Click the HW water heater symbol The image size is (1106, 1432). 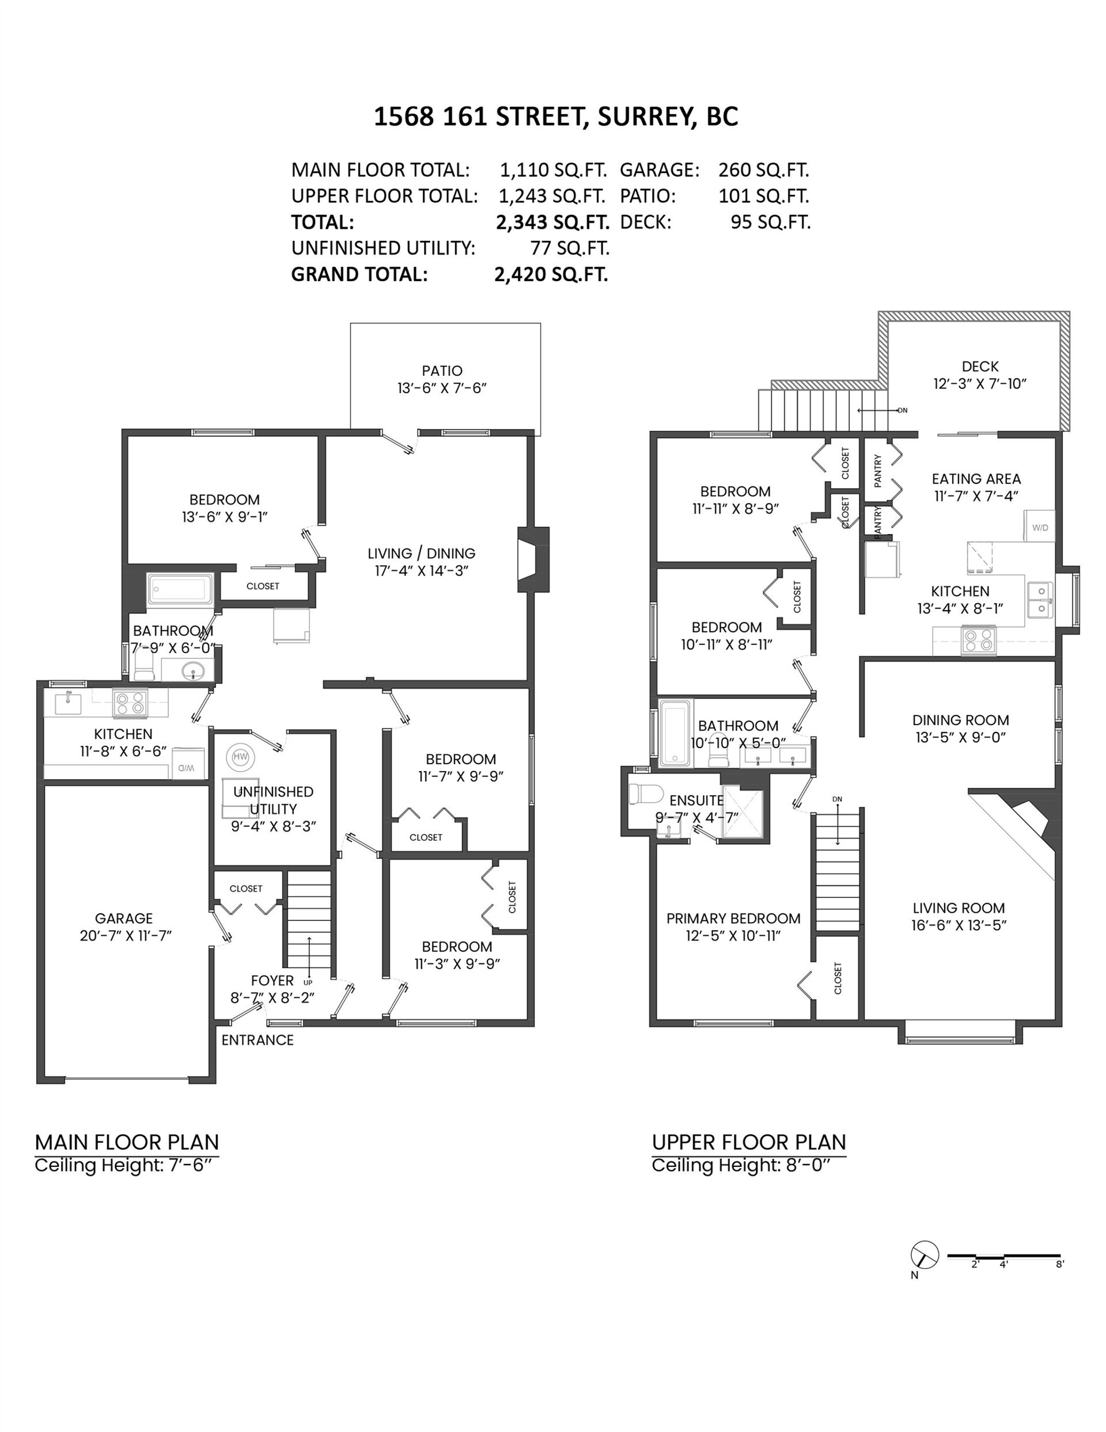click(x=241, y=757)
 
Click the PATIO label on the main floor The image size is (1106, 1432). click(x=442, y=371)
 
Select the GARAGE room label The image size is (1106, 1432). click(x=124, y=919)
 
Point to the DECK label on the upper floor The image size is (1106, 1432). click(x=980, y=366)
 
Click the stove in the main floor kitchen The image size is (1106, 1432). click(x=130, y=703)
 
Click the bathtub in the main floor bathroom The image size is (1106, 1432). click(x=180, y=589)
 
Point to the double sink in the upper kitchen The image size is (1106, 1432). click(x=1039, y=600)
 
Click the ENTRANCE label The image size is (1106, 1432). click(x=257, y=1040)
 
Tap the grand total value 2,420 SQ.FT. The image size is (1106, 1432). click(x=551, y=274)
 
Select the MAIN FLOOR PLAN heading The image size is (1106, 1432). click(x=127, y=1142)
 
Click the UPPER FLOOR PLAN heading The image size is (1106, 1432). click(x=749, y=1142)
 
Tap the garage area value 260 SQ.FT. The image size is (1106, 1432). click(x=764, y=170)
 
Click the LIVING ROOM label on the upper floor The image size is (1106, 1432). click(x=959, y=908)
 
